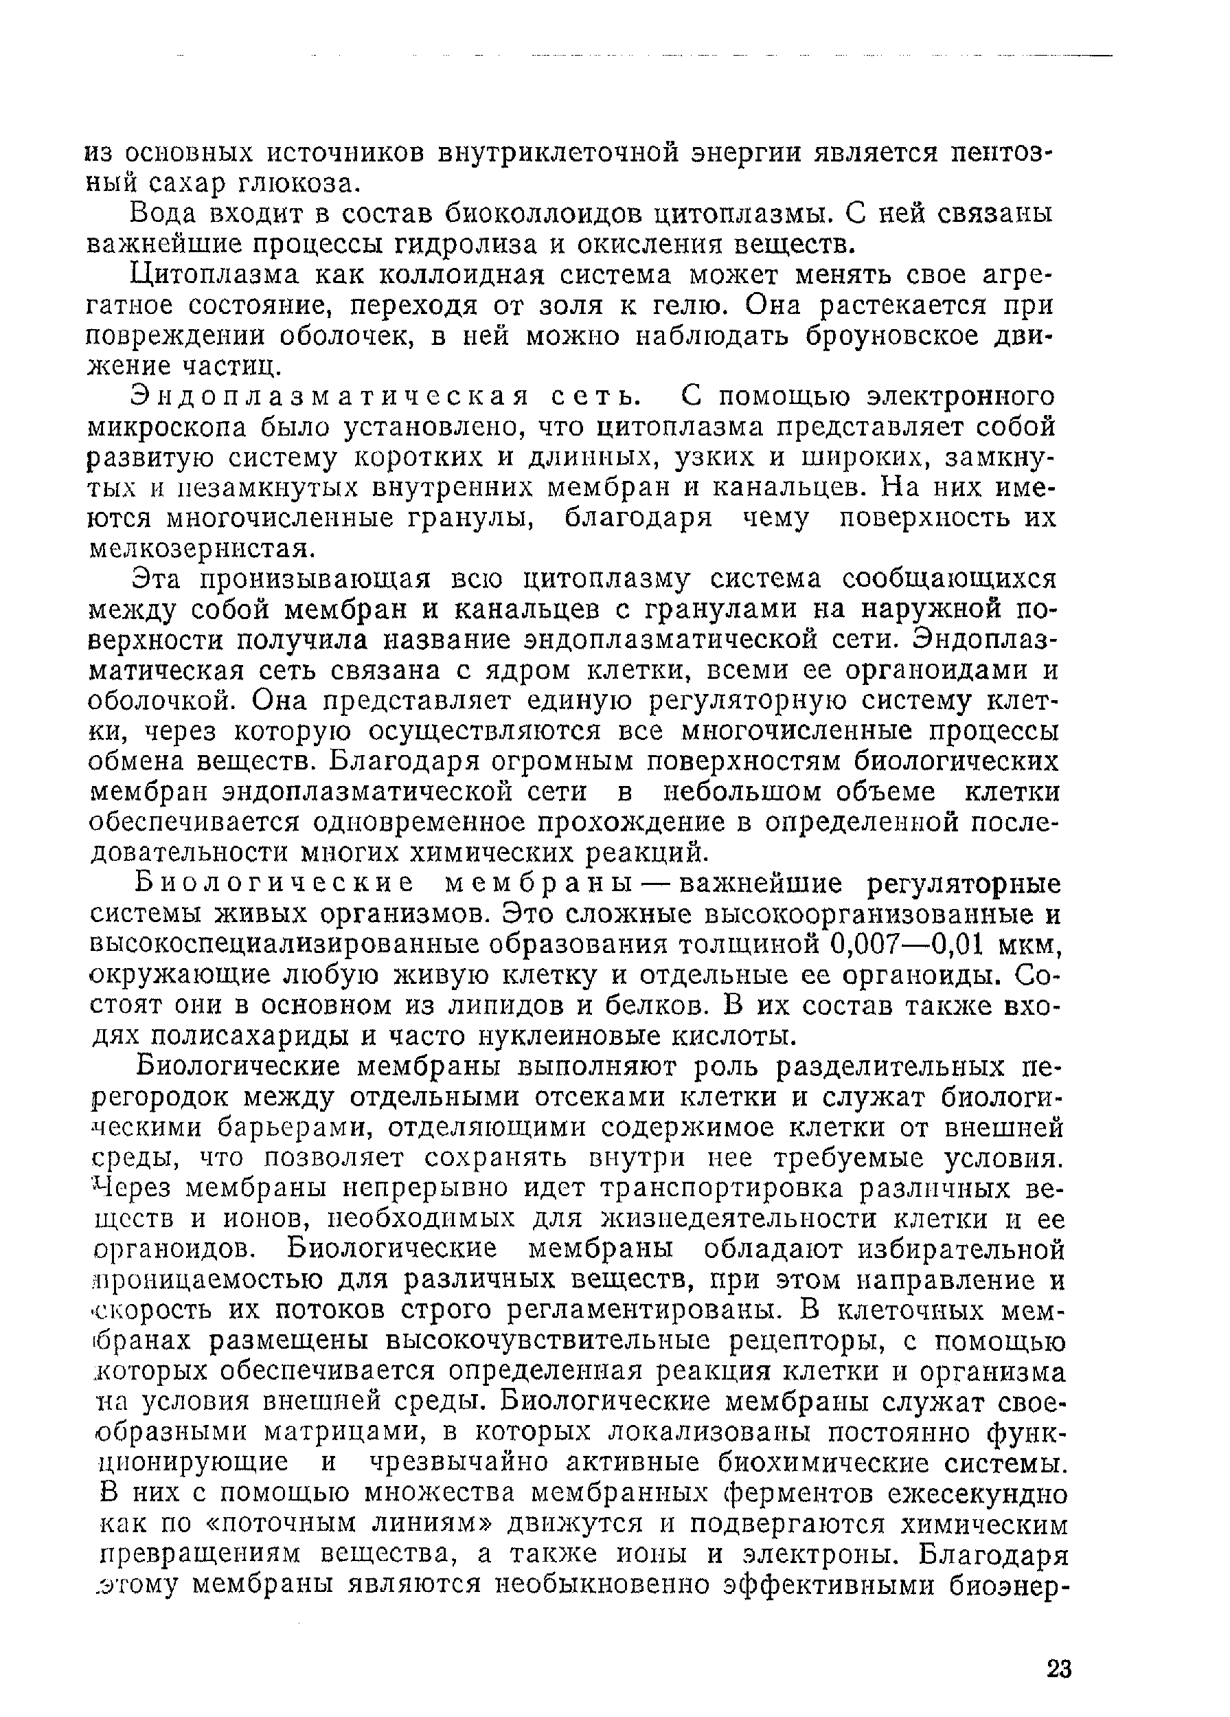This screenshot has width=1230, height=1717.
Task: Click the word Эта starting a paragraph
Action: pyautogui.click(x=157, y=579)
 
